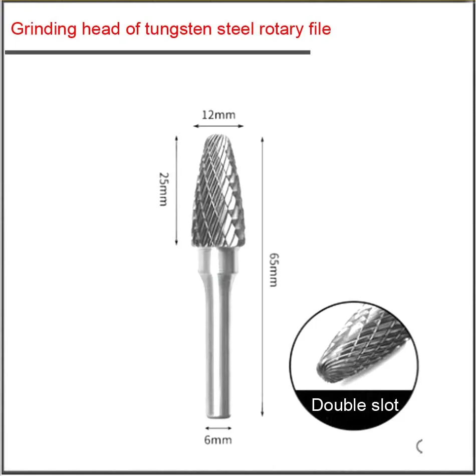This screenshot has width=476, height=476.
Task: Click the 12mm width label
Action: (x=218, y=115)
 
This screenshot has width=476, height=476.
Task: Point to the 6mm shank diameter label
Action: (x=218, y=440)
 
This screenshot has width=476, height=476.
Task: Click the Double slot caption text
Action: (x=355, y=405)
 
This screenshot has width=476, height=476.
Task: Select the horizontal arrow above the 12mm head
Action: (x=218, y=126)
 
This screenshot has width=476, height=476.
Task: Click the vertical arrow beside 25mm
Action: (x=176, y=190)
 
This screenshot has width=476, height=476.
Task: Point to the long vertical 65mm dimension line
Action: (x=262, y=276)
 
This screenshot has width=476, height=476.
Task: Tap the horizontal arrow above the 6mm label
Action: (x=218, y=428)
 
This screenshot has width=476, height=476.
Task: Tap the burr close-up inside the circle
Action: (x=356, y=346)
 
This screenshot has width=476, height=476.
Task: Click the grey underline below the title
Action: (x=157, y=52)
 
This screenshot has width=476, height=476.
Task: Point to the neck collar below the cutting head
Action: (x=219, y=261)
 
